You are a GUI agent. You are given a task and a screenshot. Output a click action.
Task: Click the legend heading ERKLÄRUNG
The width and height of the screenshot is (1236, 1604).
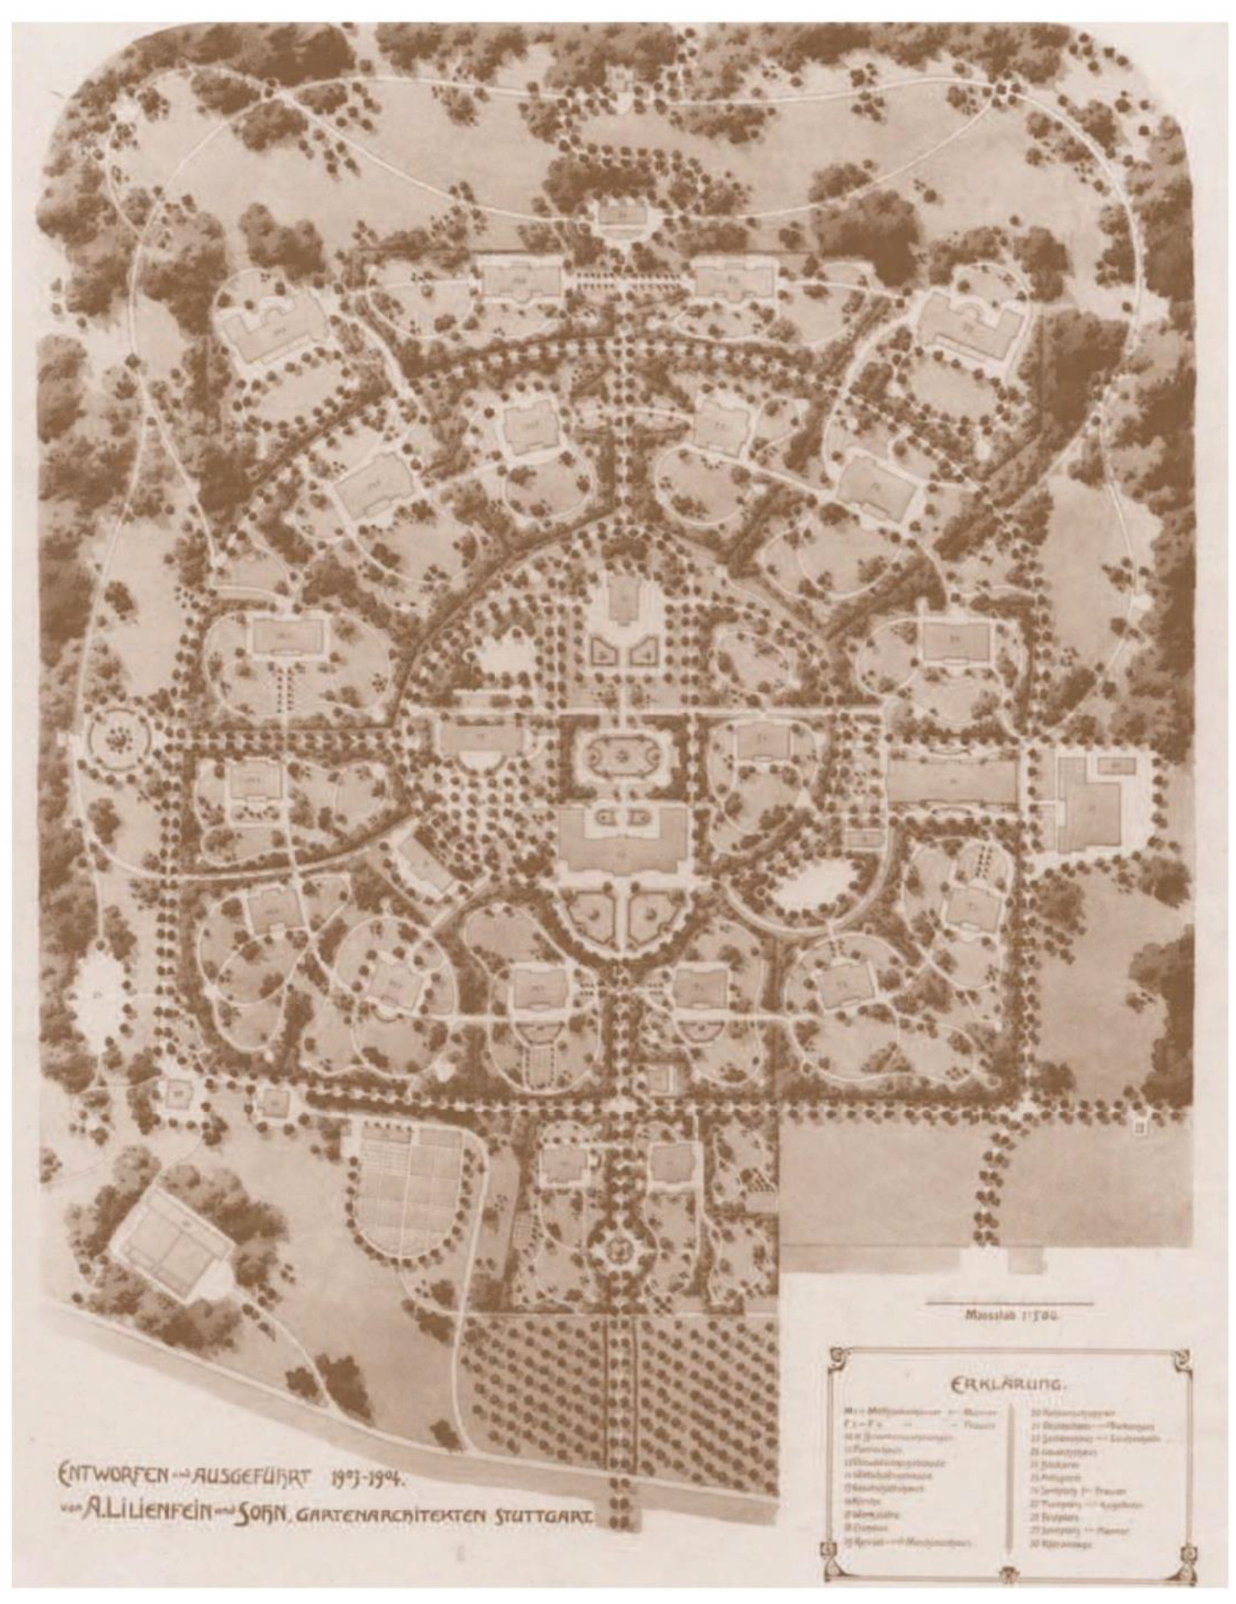[1008, 1384]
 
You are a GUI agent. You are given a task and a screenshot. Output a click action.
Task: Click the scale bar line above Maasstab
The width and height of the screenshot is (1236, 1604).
[1009, 1304]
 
